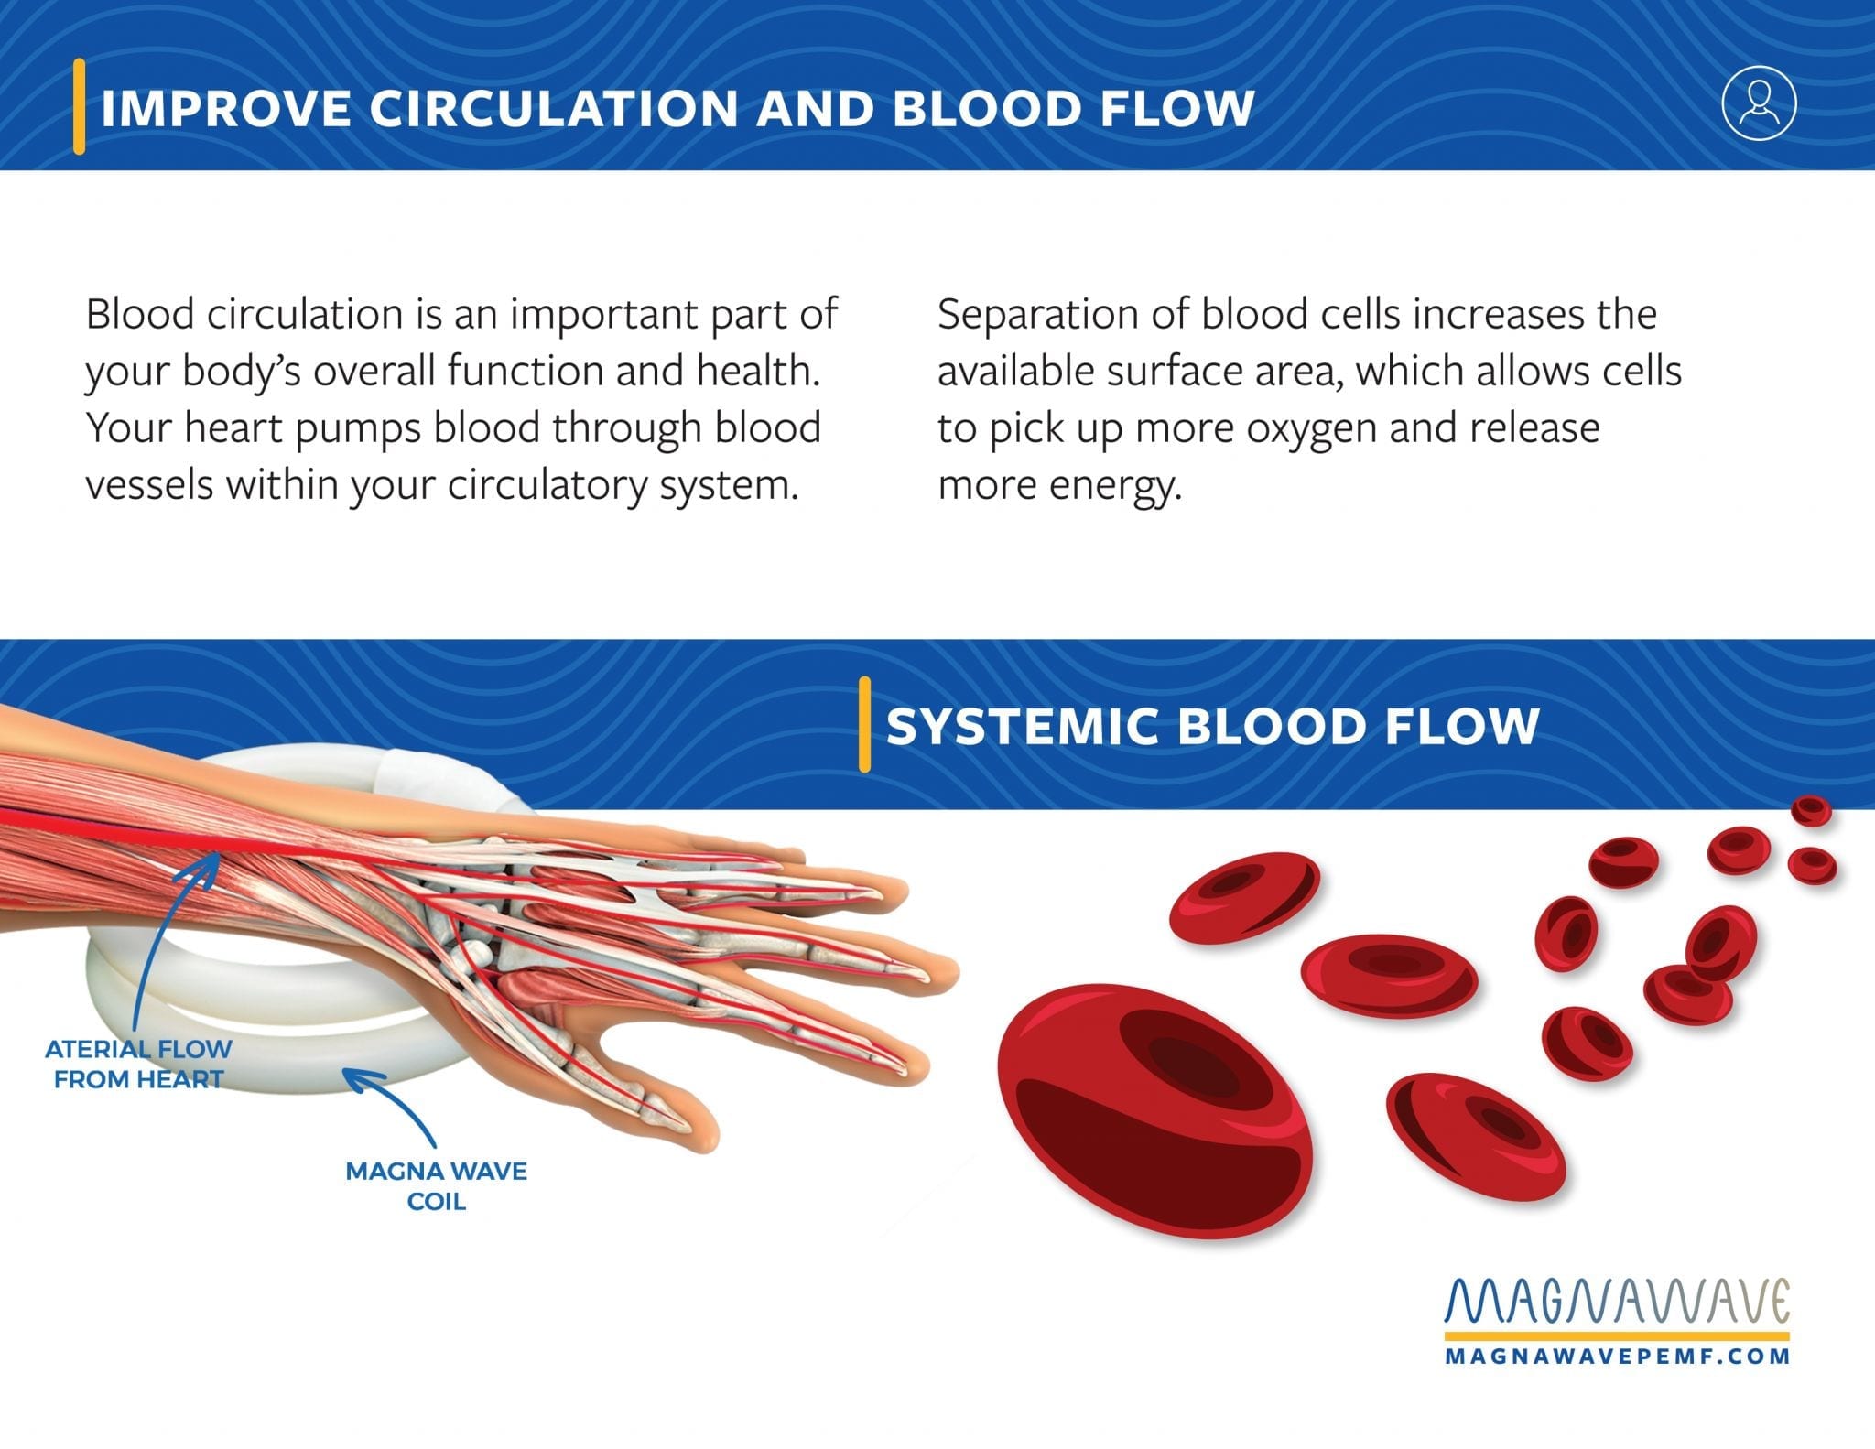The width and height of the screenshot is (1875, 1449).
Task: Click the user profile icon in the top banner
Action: coord(1759,103)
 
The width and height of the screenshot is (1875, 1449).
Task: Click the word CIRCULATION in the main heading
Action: coord(554,108)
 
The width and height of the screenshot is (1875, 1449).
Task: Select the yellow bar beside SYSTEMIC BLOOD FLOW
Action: coord(864,724)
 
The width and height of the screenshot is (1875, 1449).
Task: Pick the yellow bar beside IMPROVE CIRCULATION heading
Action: coord(80,106)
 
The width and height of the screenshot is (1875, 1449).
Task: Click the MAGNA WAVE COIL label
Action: coord(436,1185)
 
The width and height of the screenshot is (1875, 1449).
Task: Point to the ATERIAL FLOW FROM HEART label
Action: coord(138,1064)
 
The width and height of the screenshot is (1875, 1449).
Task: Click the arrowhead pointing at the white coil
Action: coord(358,1081)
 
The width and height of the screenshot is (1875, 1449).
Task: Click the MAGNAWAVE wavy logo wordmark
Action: coord(1617,1301)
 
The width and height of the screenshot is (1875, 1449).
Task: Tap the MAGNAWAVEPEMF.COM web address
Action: coord(1617,1356)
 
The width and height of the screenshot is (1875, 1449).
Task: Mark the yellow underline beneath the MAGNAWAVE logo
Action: coord(1617,1335)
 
